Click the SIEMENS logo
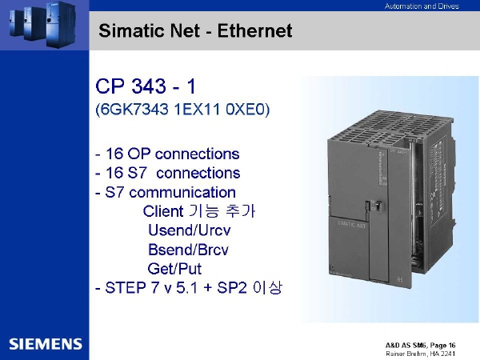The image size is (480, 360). (x=46, y=344)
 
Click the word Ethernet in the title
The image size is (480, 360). (x=254, y=30)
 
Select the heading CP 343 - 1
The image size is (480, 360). (x=146, y=86)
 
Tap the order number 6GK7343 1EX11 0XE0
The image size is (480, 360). (x=182, y=110)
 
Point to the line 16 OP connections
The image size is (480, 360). (x=167, y=154)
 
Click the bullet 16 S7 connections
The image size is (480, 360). (x=168, y=173)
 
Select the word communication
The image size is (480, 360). (x=182, y=192)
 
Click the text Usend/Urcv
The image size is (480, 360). (x=189, y=230)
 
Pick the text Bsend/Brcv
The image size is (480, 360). (x=188, y=250)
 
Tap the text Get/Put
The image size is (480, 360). (x=174, y=269)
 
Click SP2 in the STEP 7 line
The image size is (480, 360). (x=232, y=288)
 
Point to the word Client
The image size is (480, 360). (x=163, y=211)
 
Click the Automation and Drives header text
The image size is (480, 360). (x=422, y=6)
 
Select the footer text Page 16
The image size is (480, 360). (x=442, y=346)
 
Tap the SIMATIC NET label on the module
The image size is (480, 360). (x=351, y=224)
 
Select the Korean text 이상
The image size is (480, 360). (x=267, y=287)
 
